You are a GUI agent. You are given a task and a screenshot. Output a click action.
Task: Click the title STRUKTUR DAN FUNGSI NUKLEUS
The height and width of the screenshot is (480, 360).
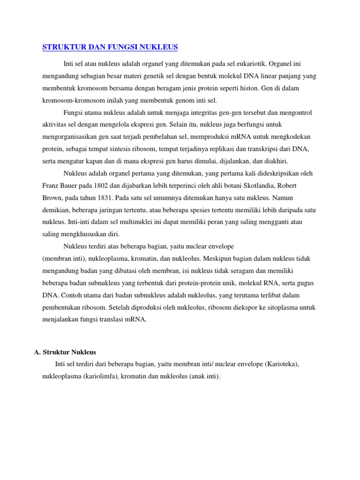tap(110, 47)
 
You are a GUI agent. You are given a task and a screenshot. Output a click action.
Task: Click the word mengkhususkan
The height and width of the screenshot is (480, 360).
tap(81, 234)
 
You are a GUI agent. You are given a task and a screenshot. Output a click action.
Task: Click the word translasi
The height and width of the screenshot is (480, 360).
tap(122, 320)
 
